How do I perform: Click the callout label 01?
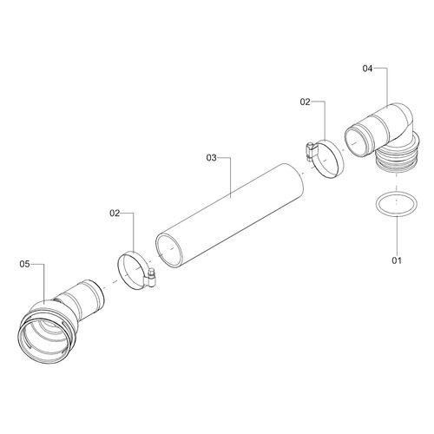pos(397,260)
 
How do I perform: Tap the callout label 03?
pos(211,158)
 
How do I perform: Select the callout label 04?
pos(367,69)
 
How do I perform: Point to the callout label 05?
pos(24,264)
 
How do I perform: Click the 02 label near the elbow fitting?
pos(305,102)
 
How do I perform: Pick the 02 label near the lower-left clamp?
pos(115,214)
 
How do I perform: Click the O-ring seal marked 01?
pos(397,204)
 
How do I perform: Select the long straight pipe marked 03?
pos(229,215)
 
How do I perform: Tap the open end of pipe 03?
pos(169,251)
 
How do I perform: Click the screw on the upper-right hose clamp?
pos(310,151)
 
